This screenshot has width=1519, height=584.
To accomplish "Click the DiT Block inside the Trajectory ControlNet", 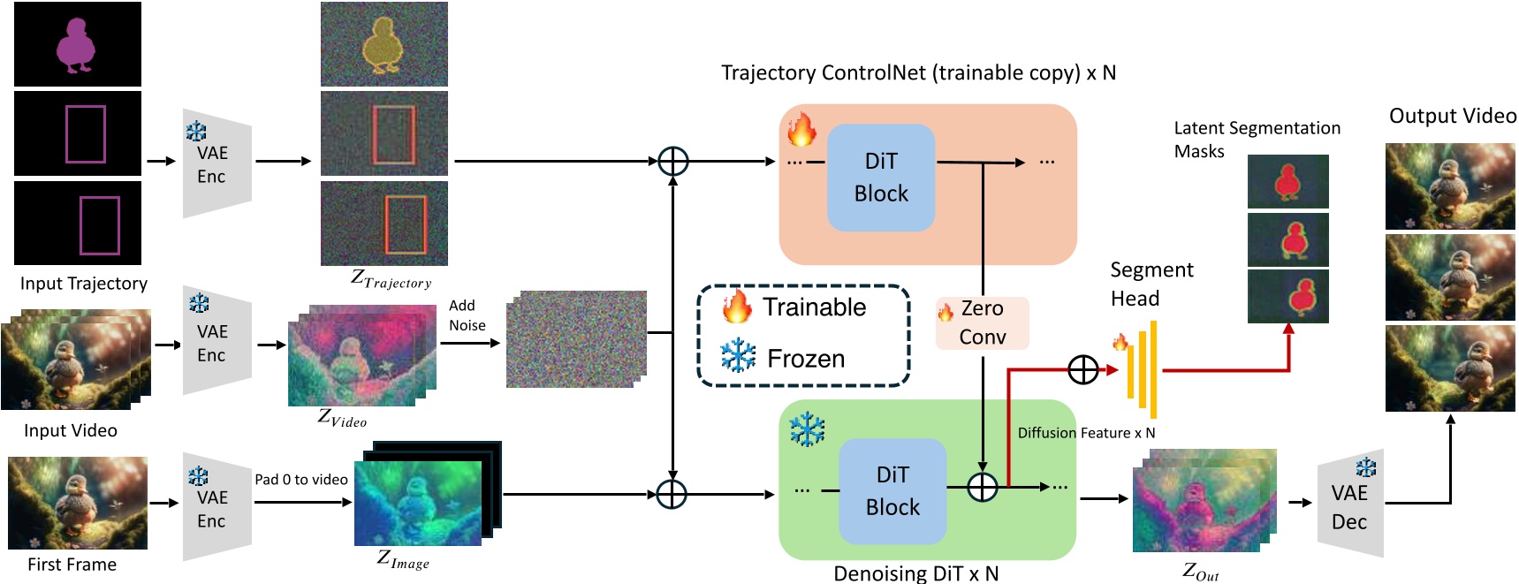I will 880,178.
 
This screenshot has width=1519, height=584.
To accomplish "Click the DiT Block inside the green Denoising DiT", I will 892,491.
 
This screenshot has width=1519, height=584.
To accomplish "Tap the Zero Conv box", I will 982,322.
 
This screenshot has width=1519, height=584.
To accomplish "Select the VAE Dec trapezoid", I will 1349,507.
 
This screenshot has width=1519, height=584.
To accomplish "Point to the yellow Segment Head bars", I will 1142,370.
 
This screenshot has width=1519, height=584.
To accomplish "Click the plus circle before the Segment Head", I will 1082,370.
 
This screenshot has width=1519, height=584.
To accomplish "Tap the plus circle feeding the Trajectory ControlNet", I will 672,162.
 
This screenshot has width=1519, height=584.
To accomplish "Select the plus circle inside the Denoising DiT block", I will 982,487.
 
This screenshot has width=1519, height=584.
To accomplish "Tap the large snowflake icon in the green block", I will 806,429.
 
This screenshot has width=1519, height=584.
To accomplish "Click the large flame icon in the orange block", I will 801,130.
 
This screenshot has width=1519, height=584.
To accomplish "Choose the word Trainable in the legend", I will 814,307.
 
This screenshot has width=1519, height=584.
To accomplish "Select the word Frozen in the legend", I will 805,359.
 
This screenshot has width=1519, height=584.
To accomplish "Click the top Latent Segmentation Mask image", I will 1287,181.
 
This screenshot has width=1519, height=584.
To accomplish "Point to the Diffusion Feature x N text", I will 1086,433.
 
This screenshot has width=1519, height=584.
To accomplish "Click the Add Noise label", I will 467,315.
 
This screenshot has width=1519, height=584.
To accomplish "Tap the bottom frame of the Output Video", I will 1449,368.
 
